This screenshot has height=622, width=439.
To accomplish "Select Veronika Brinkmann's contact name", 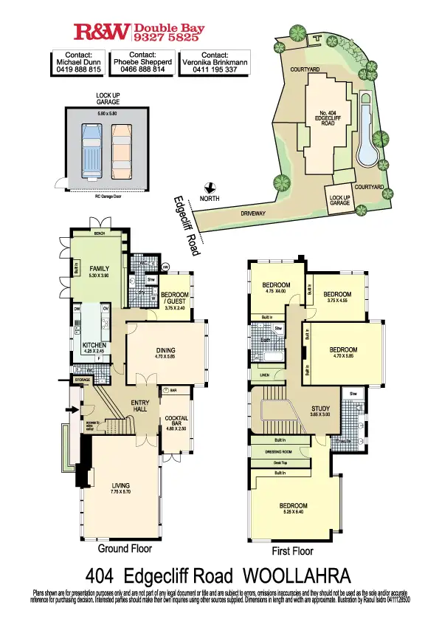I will coord(215,63).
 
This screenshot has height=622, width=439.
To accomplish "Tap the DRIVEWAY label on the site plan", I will coord(253,213).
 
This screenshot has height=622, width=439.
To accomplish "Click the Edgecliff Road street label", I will coord(187,225).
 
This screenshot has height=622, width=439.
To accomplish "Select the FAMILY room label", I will coord(99,268).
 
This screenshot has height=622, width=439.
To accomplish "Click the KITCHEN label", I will coord(94,345).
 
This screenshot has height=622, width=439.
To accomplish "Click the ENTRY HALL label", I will coord(140,406).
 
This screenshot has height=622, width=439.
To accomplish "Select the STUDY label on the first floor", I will coord(319,409).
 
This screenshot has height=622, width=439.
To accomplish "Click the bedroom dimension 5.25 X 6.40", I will coord(293,512).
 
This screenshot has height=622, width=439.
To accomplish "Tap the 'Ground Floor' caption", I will coord(125,550).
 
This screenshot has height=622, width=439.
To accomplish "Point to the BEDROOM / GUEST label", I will coord(175,298).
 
